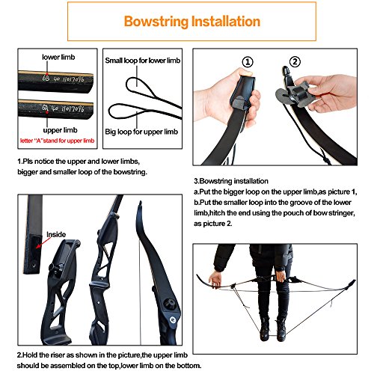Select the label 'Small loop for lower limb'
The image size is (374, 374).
pyautogui.click(x=142, y=60)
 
